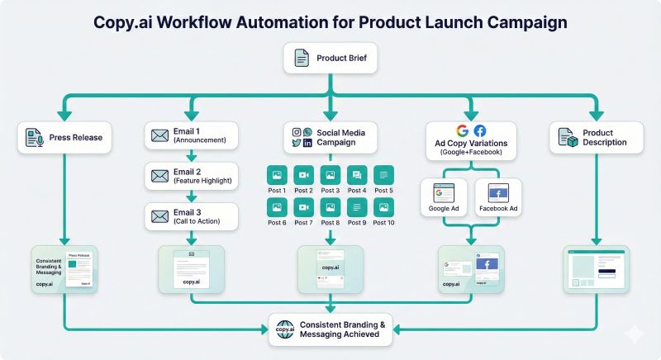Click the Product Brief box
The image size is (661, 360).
pyautogui.click(x=330, y=58)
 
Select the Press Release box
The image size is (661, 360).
pyautogui.click(x=65, y=136)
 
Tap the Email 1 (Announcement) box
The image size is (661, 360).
pyautogui.click(x=191, y=135)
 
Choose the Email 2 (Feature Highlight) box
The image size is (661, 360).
pyautogui.click(x=191, y=175)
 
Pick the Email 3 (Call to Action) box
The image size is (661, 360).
pyautogui.click(x=191, y=216)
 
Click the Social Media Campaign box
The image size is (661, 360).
pyautogui.click(x=330, y=137)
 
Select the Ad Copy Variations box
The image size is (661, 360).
pyautogui.click(x=471, y=137)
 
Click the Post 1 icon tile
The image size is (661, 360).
pyautogui.click(x=277, y=174)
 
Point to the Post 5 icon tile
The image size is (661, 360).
pyautogui.click(x=383, y=174)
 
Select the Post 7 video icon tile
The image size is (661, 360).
pyautogui.click(x=303, y=207)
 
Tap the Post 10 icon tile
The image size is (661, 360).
pyautogui.click(x=383, y=207)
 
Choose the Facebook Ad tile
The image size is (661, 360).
pyautogui.click(x=498, y=196)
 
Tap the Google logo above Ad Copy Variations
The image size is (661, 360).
pyautogui.click(x=462, y=130)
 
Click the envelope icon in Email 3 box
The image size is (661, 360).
pyautogui.click(x=159, y=216)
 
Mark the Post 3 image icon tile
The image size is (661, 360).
pyautogui.click(x=330, y=174)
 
